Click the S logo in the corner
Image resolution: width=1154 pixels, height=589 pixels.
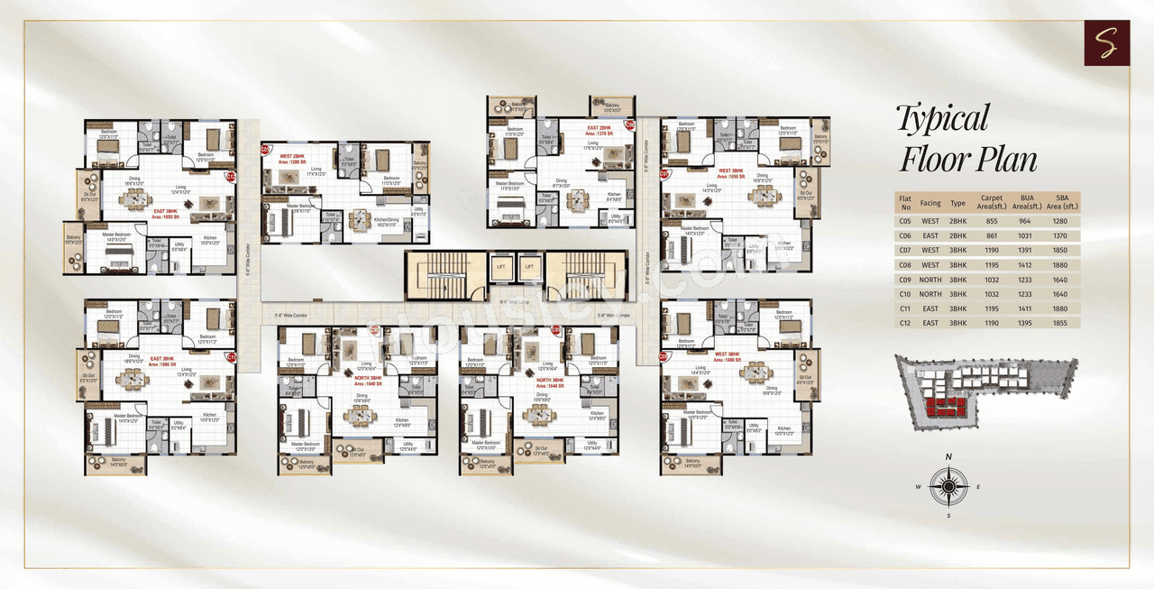[x=1105, y=43]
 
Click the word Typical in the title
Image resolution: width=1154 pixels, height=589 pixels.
[x=942, y=118]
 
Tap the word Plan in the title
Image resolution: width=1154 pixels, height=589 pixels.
[x=1006, y=160]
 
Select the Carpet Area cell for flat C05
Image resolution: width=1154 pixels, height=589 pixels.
[x=991, y=220]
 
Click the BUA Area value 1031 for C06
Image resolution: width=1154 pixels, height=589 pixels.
[x=1026, y=235]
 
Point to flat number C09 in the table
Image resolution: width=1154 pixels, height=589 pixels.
[x=905, y=279]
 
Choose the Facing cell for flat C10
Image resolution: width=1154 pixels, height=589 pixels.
[x=930, y=294]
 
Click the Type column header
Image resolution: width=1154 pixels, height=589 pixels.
[x=957, y=203]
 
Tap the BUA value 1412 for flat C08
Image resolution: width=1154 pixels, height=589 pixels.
[x=1026, y=264]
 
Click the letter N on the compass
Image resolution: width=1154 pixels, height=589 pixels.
[x=948, y=457]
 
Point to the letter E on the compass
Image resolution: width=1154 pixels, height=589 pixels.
[x=978, y=487]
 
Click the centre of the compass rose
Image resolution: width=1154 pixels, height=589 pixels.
[x=948, y=487]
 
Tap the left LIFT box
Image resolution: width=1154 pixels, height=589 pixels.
[x=501, y=267]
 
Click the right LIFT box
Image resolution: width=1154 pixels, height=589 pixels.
[x=529, y=267]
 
